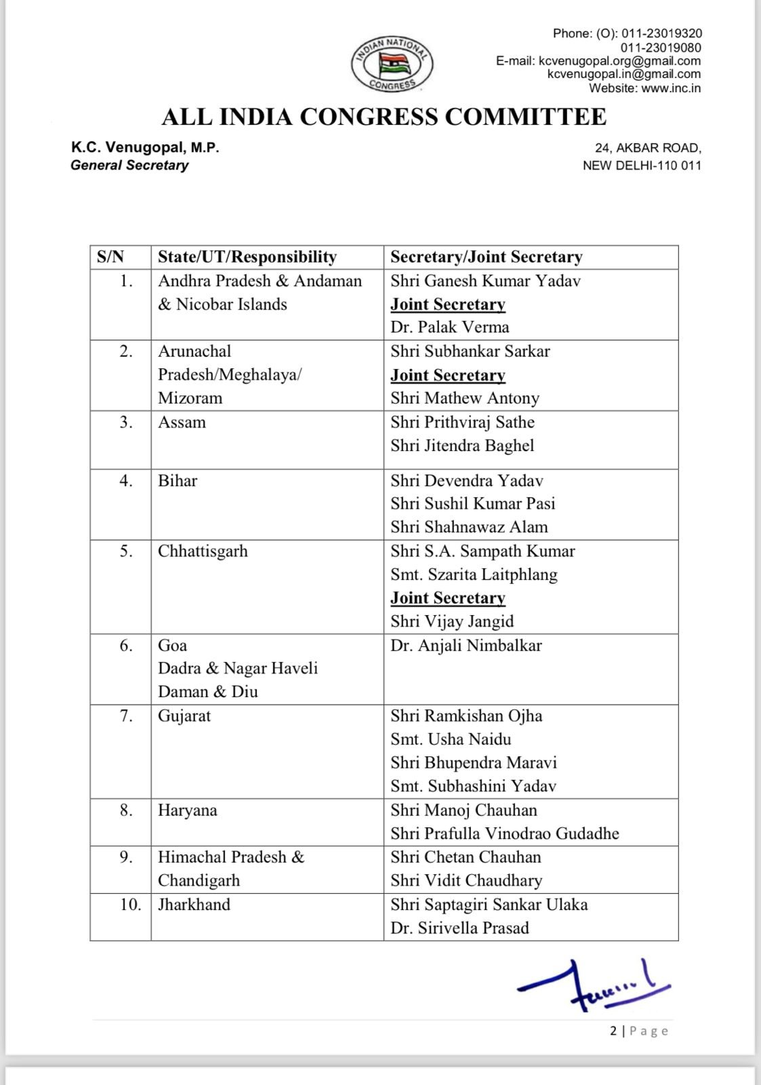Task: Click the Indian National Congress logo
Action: [392, 63]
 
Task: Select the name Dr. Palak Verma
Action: [449, 328]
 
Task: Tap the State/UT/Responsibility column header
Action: [247, 257]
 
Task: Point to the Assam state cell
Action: [182, 422]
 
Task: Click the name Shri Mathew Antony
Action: [465, 399]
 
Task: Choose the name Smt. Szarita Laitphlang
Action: [474, 575]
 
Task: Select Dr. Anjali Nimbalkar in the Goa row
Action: [466, 646]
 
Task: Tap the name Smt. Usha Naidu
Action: [451, 739]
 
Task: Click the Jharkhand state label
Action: [194, 905]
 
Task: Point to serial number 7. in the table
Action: [127, 716]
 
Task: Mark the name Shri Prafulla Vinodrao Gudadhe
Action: [504, 833]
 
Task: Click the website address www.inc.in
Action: [671, 88]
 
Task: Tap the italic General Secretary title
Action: [129, 165]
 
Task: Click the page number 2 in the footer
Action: [613, 1031]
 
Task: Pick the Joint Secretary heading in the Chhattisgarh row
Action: [447, 598]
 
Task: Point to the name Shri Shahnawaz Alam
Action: [469, 527]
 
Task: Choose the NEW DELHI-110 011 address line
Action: [642, 165]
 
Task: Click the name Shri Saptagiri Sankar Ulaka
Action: [489, 905]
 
